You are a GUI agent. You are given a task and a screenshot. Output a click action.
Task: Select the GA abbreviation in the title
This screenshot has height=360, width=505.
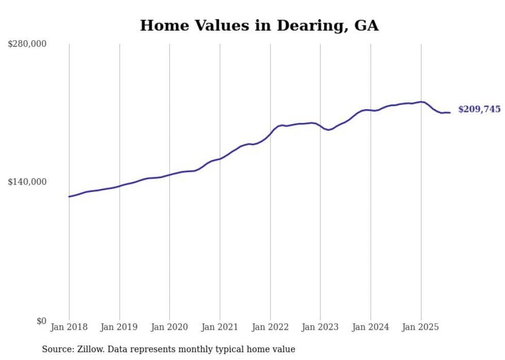[x=366, y=26]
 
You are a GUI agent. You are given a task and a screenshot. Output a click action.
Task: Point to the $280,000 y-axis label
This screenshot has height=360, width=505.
[x=27, y=44]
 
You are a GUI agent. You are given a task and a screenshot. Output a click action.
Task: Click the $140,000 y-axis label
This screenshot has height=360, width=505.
[x=27, y=182]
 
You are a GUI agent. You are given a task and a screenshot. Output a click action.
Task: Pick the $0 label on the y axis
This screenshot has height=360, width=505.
[x=41, y=321]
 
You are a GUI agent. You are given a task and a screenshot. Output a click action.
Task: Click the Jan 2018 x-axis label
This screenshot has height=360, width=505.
[x=69, y=327]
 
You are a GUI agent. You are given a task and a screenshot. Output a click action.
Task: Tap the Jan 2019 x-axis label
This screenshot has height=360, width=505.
[x=120, y=327]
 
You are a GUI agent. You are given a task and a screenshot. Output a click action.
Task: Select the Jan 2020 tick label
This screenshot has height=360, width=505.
[x=170, y=327]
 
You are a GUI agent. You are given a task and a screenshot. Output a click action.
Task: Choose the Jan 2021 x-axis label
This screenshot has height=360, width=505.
[x=220, y=327]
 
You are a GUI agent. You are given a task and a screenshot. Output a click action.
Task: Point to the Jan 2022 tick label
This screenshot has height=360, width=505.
[x=270, y=327]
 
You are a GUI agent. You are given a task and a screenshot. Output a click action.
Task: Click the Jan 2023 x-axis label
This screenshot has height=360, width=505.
[x=321, y=327]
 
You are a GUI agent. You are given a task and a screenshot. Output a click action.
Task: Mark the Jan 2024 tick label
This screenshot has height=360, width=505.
[x=371, y=327]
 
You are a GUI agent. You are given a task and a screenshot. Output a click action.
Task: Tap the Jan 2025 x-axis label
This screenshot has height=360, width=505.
[x=421, y=327]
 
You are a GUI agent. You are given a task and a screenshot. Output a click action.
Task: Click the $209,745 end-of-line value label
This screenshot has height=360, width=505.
[x=479, y=109]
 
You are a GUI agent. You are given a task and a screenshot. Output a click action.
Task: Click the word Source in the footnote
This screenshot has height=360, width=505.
[x=57, y=349]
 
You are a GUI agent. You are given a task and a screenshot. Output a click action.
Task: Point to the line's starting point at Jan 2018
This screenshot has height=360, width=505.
[x=69, y=196]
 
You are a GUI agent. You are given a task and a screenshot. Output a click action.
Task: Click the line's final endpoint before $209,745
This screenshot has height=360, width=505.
[x=450, y=113]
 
